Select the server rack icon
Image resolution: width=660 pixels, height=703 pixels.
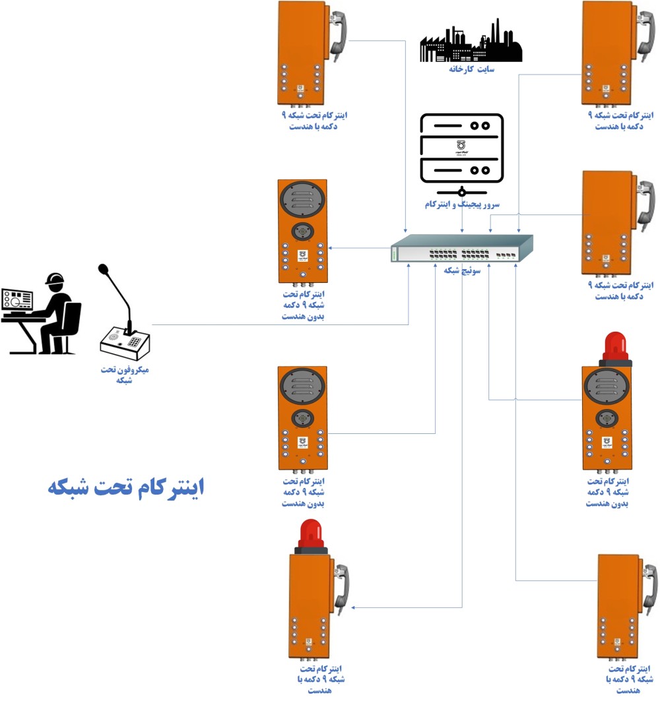462,149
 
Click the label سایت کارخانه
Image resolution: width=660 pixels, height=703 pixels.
471,69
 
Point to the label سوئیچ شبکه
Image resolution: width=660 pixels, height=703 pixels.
462,271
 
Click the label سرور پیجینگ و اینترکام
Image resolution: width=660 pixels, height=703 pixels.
462,205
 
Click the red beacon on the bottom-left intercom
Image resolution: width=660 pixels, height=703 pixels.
310,534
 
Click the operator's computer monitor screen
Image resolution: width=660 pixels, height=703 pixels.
16,301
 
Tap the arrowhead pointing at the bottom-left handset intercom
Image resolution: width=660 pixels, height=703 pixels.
355,607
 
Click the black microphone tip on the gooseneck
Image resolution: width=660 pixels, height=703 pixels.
103,269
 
